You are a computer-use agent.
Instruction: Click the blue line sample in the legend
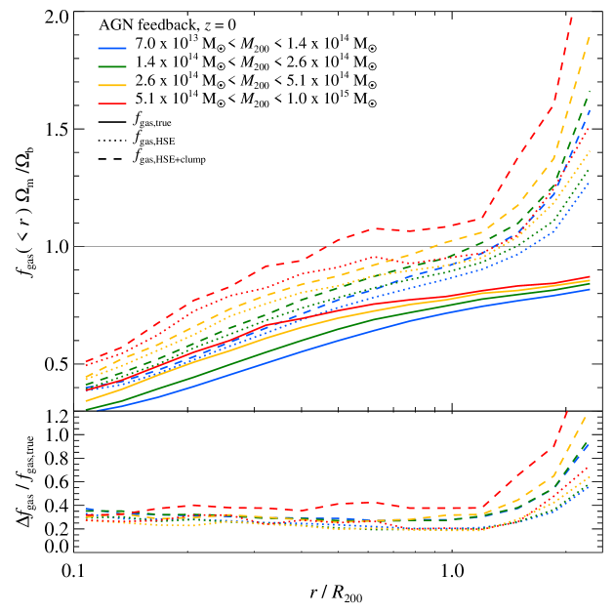(112, 48)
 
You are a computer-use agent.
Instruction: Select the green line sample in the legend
(112, 66)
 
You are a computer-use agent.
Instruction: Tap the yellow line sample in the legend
(112, 85)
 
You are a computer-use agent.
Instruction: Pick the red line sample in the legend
(112, 102)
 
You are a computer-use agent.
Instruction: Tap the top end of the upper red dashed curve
(571, 16)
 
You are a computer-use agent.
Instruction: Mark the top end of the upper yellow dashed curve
(590, 36)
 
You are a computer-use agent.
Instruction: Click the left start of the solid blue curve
(87, 409)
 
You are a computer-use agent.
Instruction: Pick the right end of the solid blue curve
(590, 289)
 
